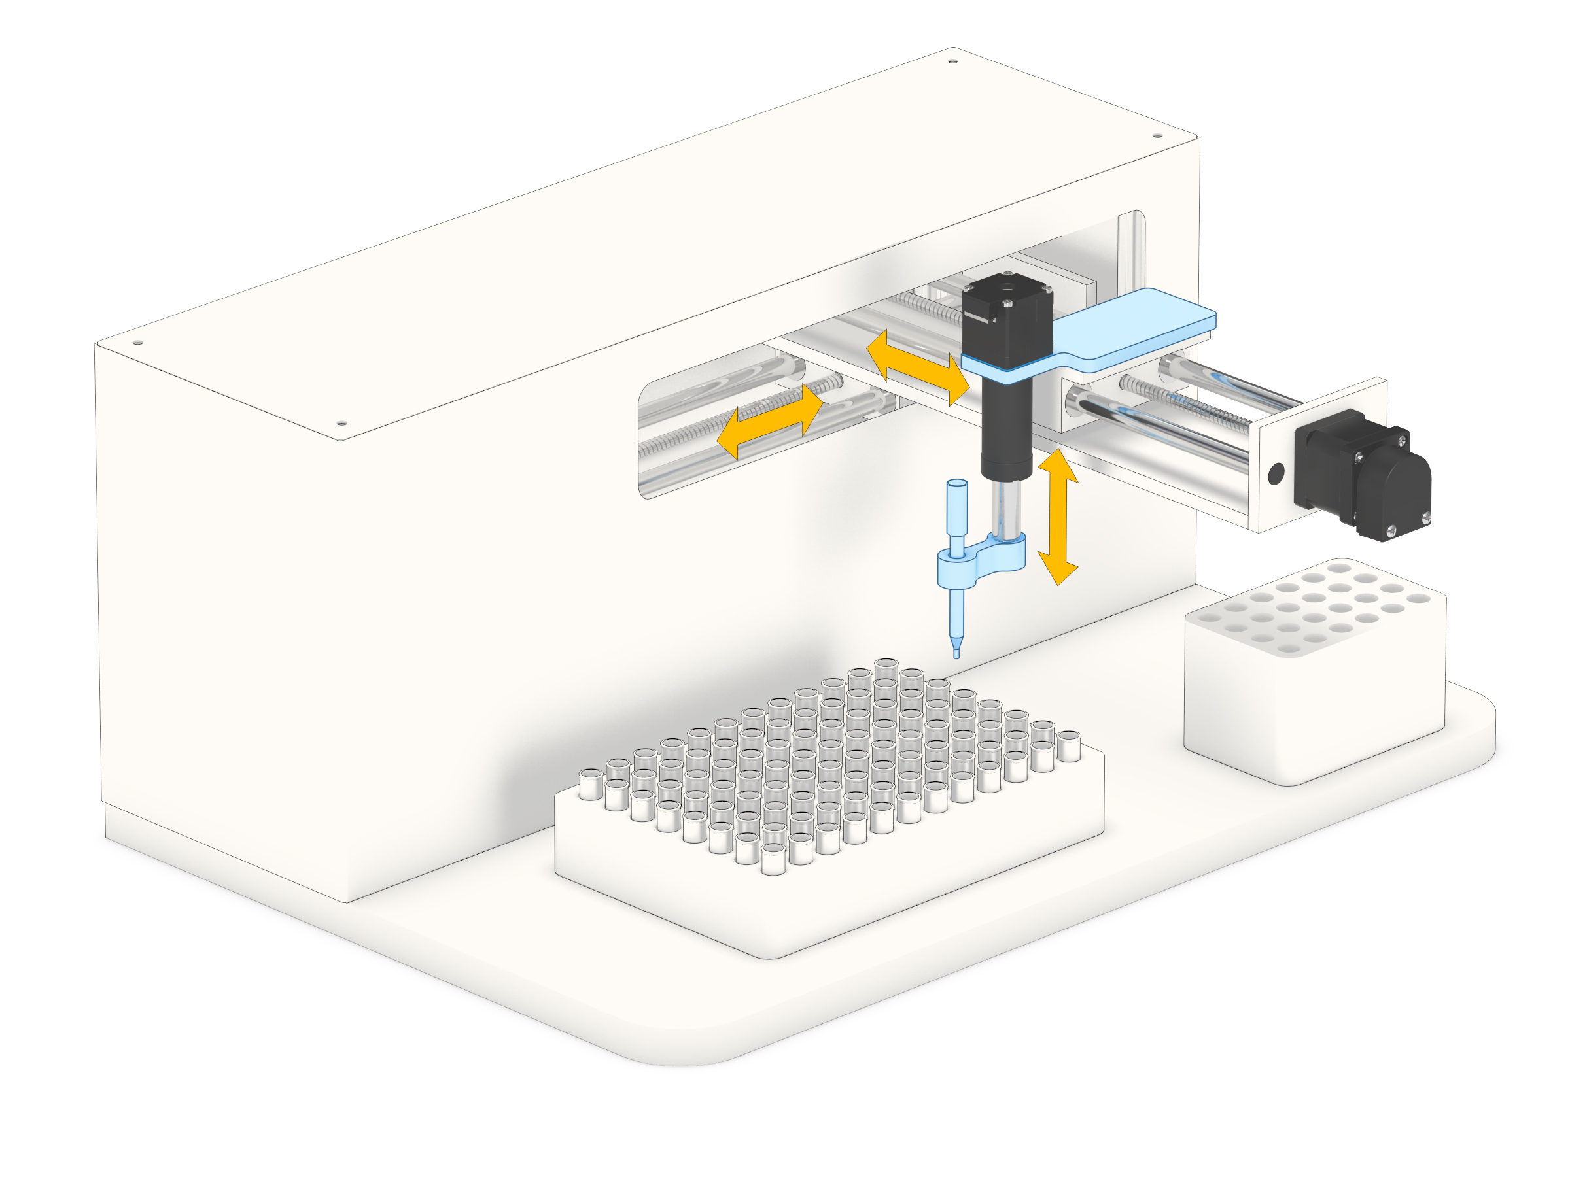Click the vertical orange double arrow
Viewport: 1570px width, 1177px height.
click(x=1058, y=517)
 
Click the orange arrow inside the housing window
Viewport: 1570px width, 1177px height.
click(x=769, y=421)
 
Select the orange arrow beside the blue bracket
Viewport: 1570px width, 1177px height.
click(x=918, y=367)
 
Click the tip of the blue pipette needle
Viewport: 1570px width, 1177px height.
click(x=956, y=654)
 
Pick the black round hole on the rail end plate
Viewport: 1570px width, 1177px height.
click(x=1276, y=473)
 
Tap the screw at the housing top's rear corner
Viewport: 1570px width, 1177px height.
click(x=952, y=61)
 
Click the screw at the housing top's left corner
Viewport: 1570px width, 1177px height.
click(x=137, y=343)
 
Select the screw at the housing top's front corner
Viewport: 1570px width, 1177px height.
click(x=341, y=424)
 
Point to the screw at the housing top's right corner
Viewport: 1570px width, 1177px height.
click(x=1157, y=135)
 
